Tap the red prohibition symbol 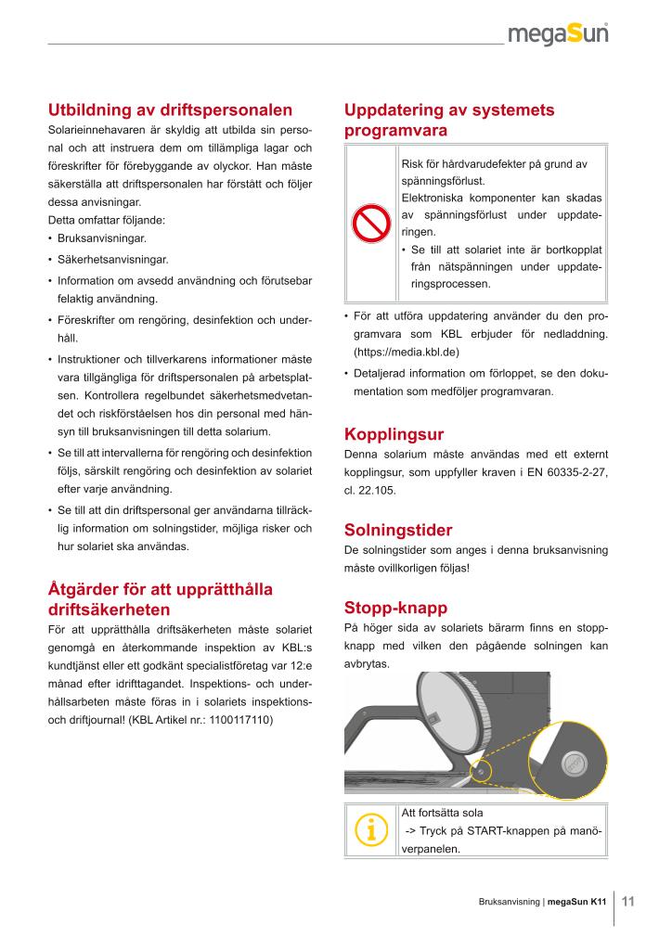point(369,225)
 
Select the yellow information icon point(370,830)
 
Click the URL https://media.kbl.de point(407,353)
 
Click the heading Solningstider point(398,531)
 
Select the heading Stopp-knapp point(395,609)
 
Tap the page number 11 point(627,901)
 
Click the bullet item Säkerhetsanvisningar point(112,260)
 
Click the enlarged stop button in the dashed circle point(574,764)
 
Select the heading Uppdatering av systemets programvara point(449,121)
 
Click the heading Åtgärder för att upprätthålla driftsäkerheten point(161,598)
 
